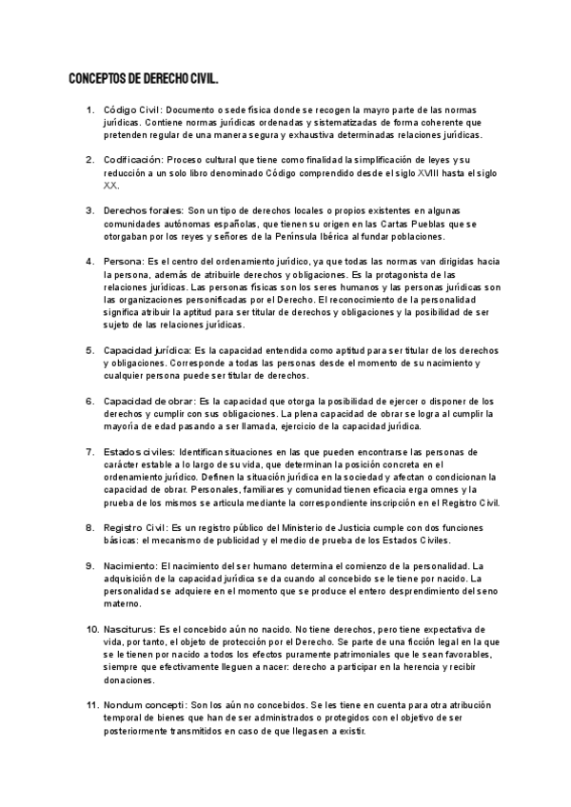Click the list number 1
click(x=89, y=111)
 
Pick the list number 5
click(x=89, y=350)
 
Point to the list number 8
click(x=89, y=526)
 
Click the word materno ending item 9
click(x=123, y=602)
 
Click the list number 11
click(x=92, y=706)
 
